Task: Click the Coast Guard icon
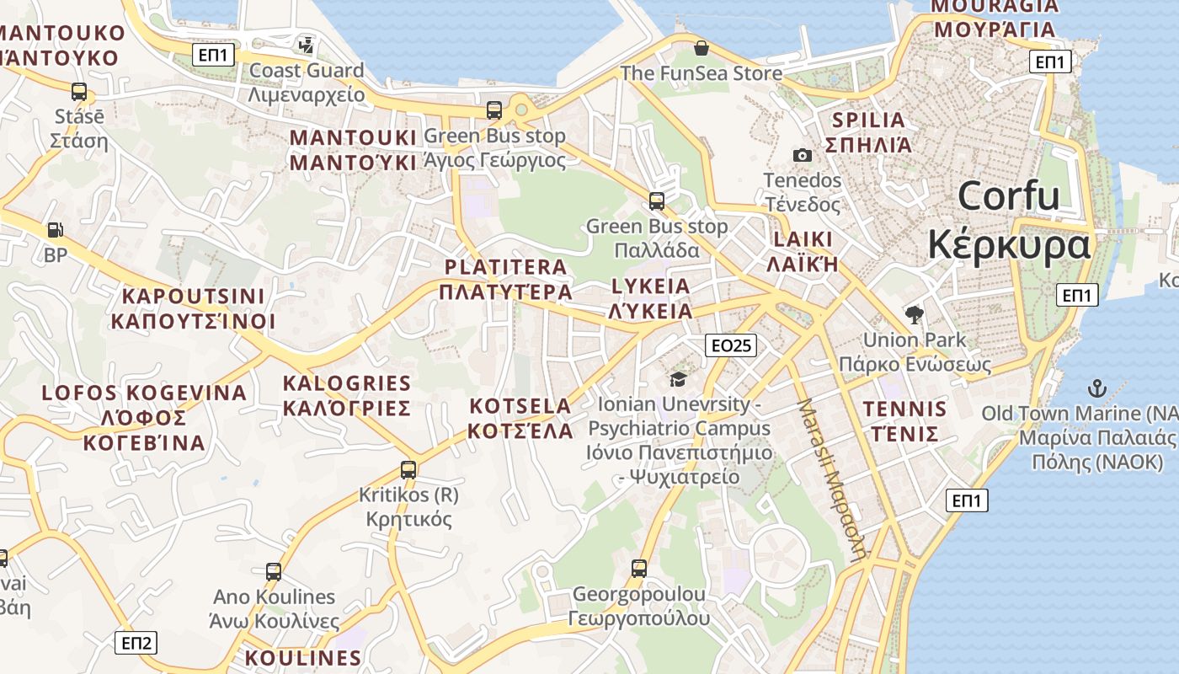(307, 45)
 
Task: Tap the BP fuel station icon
(55, 229)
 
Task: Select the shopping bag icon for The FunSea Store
(701, 48)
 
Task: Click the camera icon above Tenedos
(802, 155)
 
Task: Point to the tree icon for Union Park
(914, 315)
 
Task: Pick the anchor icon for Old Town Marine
(1096, 388)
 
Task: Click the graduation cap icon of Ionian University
(678, 379)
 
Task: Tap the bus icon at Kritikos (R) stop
(408, 469)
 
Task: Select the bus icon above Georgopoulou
(639, 569)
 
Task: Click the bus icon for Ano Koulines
(274, 572)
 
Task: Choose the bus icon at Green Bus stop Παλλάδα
(656, 201)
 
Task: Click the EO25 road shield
(730, 345)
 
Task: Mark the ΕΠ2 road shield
(136, 644)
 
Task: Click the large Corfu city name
(1009, 221)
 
